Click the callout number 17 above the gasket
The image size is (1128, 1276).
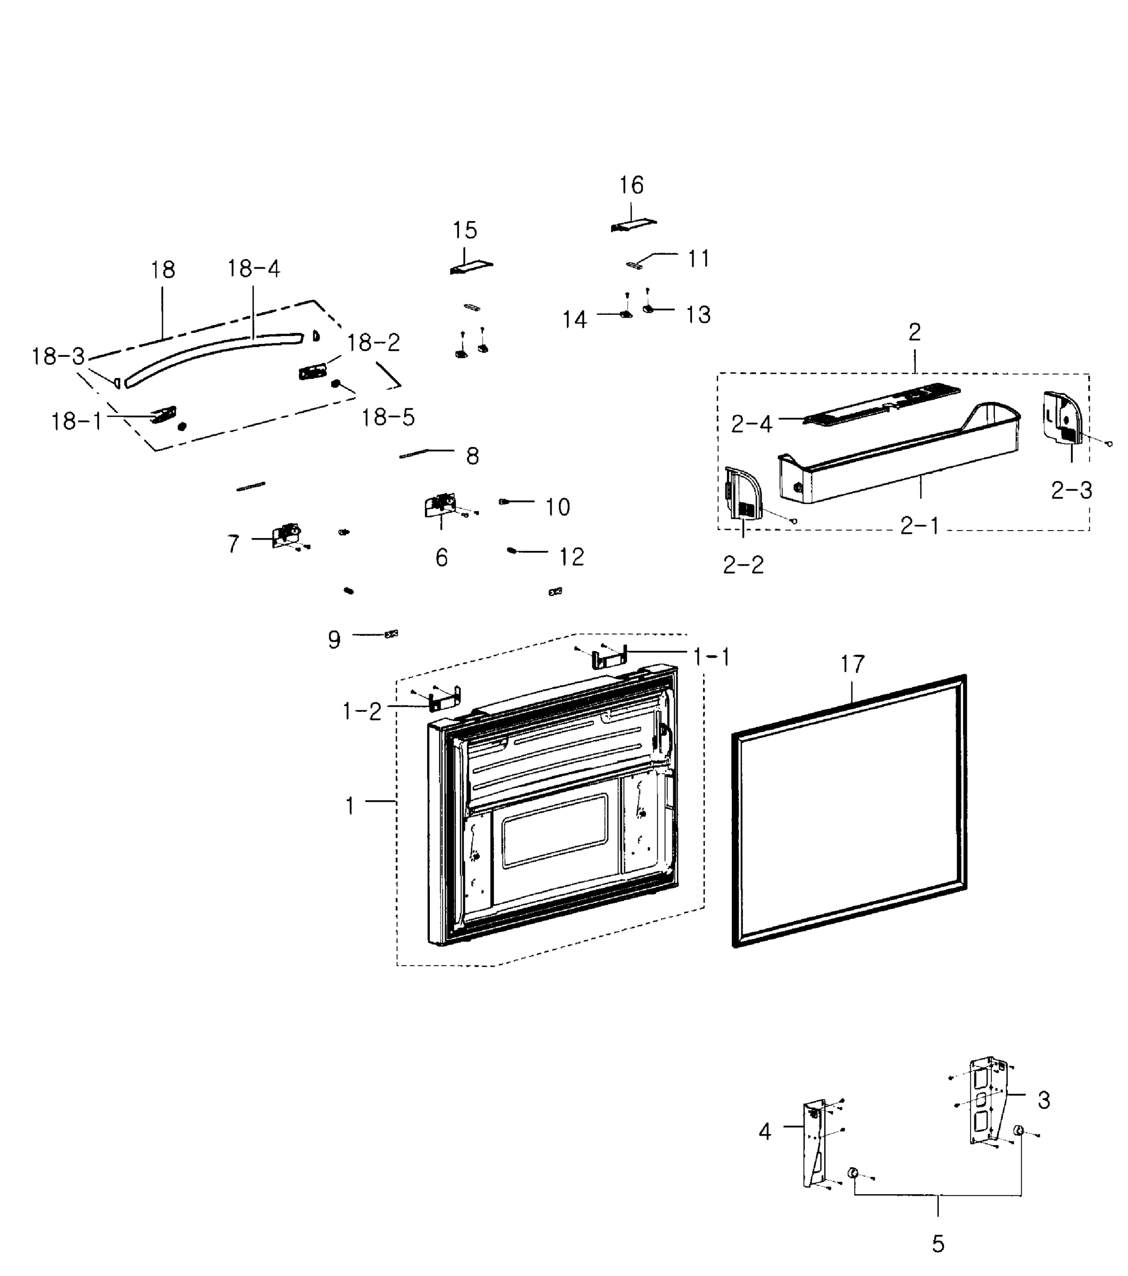852,664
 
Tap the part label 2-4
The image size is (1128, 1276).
751,424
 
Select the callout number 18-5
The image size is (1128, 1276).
388,417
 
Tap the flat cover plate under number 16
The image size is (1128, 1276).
633,225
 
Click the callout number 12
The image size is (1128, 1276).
571,557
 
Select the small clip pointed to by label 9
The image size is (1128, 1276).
391,634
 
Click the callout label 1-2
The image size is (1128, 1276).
362,711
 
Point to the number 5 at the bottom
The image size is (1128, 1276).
938,1244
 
